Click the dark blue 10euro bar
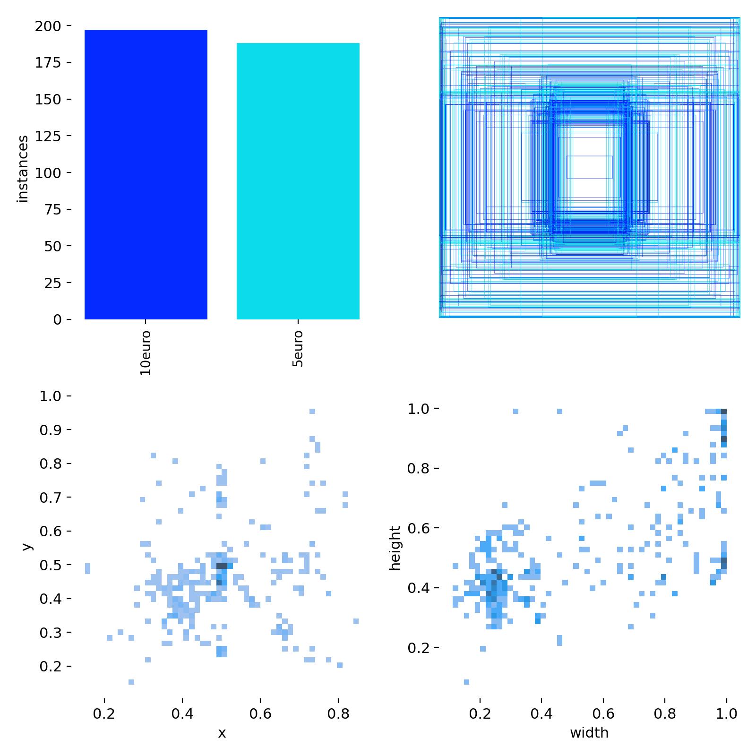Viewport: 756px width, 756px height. pyautogui.click(x=146, y=175)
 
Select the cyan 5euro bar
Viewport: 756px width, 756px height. pyautogui.click(x=298, y=181)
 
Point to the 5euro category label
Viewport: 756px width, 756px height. pyautogui.click(x=298, y=349)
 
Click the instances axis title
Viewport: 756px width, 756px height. pyautogui.click(x=23, y=169)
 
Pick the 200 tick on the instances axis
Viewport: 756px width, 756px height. pyautogui.click(x=48, y=26)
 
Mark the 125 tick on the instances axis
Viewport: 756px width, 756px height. pyautogui.click(x=48, y=136)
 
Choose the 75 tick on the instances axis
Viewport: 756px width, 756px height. pyautogui.click(x=52, y=209)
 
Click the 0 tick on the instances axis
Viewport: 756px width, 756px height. pyautogui.click(x=57, y=319)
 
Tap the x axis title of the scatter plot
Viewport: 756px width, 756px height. pyautogui.click(x=222, y=733)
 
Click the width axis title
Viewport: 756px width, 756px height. pyautogui.click(x=589, y=733)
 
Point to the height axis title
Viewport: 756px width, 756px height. pyautogui.click(x=395, y=548)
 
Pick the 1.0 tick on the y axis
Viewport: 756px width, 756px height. pyautogui.click(x=51, y=396)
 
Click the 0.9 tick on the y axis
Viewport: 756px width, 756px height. pyautogui.click(x=51, y=430)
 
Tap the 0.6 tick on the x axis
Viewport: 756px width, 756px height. pyautogui.click(x=260, y=713)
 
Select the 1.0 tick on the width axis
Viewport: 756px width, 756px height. pyautogui.click(x=726, y=713)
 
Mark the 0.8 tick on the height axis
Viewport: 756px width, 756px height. pyautogui.click(x=419, y=468)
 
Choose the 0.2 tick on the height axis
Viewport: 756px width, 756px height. pyautogui.click(x=419, y=647)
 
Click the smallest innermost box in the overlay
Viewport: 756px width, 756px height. pyautogui.click(x=589, y=167)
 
